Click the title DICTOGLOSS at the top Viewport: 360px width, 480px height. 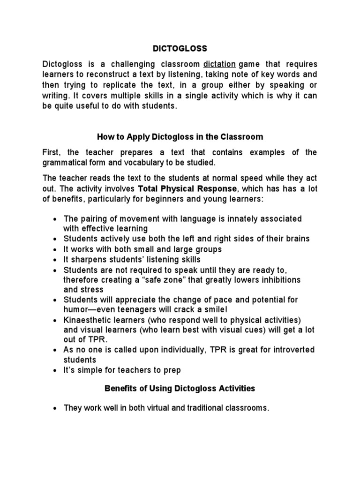(x=180, y=48)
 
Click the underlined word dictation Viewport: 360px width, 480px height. (x=222, y=64)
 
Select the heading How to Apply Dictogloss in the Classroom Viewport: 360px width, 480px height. (x=180, y=137)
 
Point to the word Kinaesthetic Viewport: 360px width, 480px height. (x=86, y=320)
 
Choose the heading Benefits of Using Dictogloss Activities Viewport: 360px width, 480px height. (x=180, y=388)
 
